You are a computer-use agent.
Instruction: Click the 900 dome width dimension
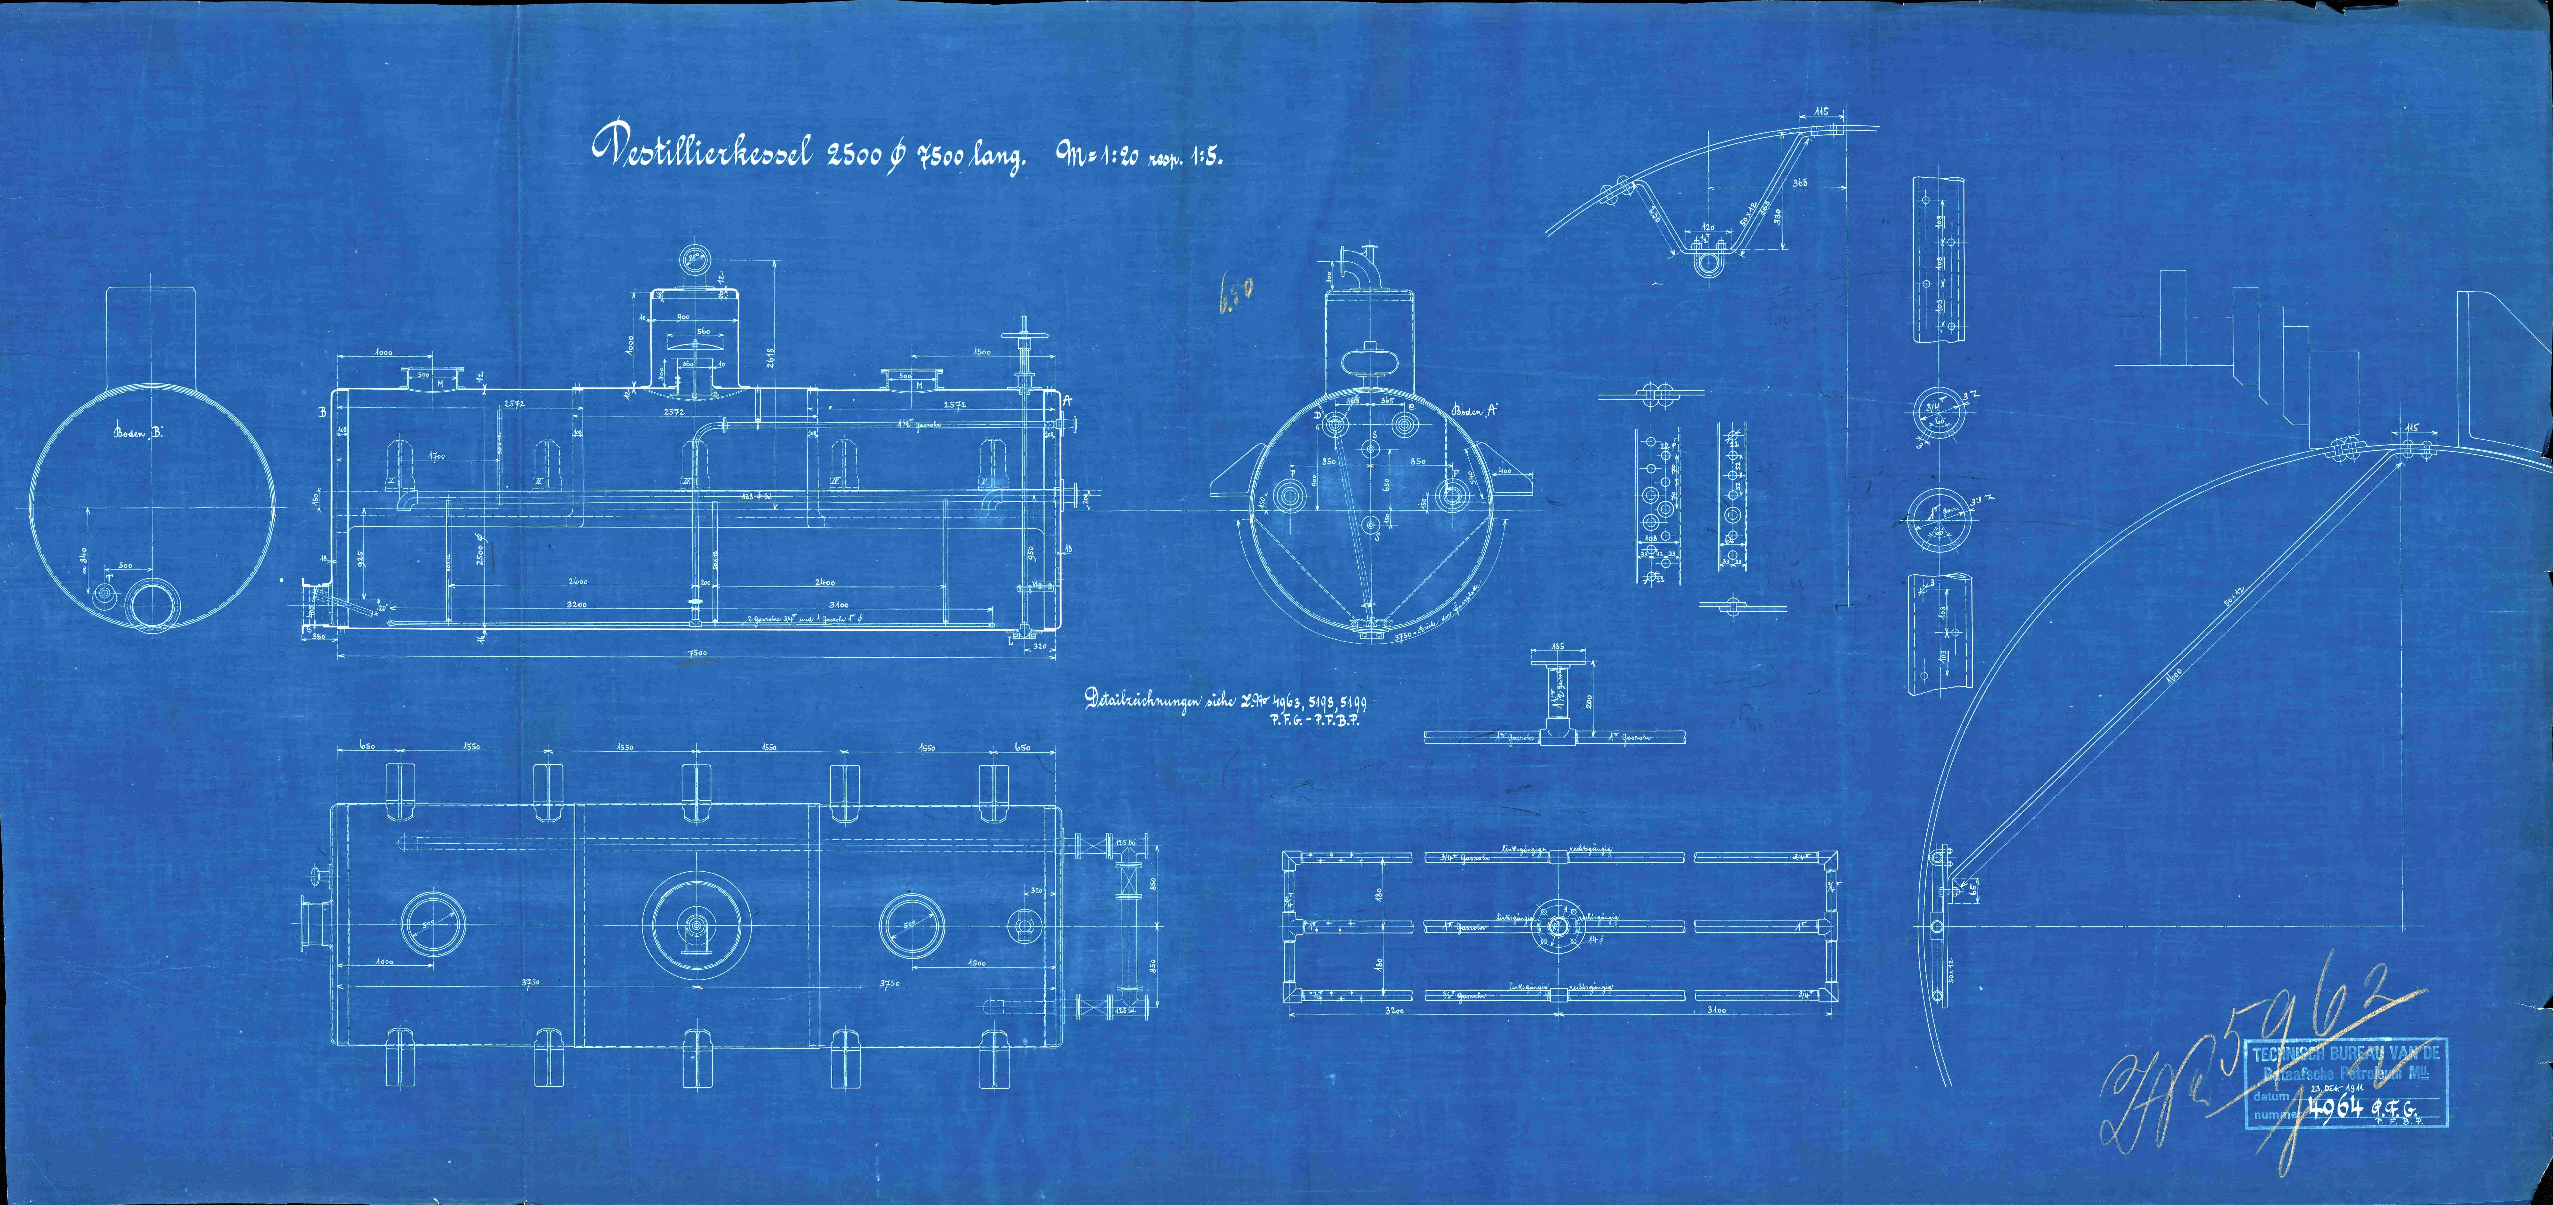(x=682, y=316)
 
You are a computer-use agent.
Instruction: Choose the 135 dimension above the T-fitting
(x=1557, y=646)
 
